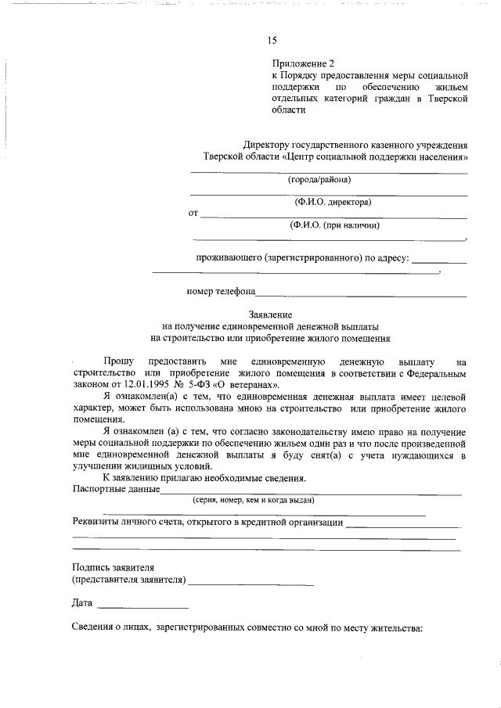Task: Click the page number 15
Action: [272, 41]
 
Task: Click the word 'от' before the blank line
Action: [193, 213]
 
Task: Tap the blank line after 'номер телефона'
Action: [362, 295]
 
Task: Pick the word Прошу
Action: [119, 362]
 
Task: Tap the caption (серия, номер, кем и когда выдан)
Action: [254, 500]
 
